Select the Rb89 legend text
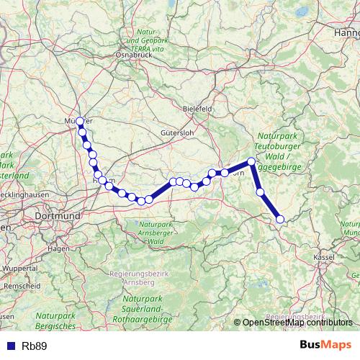[x=35, y=346]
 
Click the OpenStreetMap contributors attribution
[x=297, y=323]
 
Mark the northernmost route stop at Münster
[x=80, y=122]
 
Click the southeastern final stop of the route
[x=280, y=219]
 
